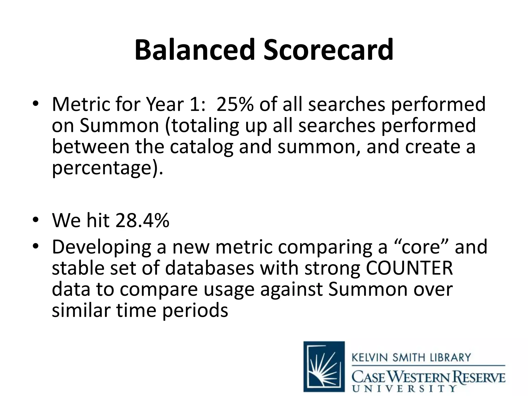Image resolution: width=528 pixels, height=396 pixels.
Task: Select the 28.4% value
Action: click(x=142, y=221)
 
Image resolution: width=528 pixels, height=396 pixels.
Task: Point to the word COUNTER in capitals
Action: click(x=409, y=268)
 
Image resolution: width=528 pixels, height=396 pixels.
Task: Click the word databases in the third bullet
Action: click(x=210, y=268)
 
